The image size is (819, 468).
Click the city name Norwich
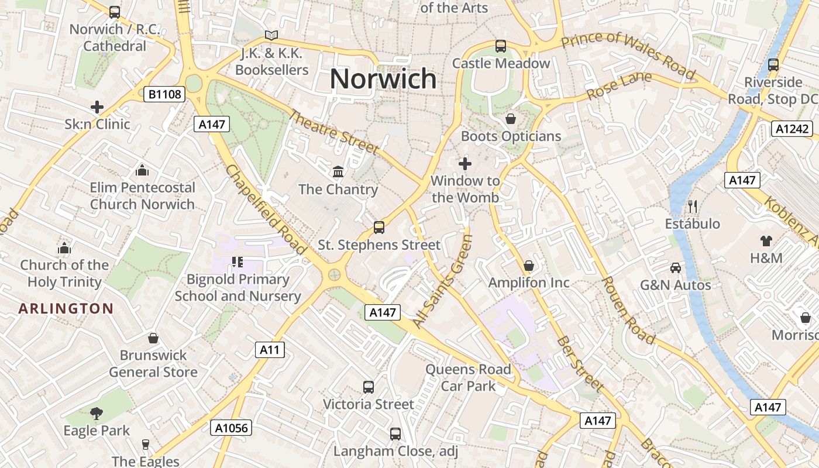383,79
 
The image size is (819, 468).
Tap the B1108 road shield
165,94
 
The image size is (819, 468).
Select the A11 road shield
270,350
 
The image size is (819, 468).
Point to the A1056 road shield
231,428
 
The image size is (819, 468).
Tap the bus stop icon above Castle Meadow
500,46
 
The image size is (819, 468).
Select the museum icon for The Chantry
338,171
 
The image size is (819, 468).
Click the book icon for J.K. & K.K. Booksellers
271,36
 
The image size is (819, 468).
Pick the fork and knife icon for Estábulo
693,206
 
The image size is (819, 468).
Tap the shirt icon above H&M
766,240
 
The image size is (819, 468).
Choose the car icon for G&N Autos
676,267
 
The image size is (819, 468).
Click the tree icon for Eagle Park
97,413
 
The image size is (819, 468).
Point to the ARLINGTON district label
66,309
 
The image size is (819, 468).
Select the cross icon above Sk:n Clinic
97,107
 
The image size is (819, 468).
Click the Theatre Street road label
334,133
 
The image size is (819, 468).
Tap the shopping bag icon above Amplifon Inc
529,266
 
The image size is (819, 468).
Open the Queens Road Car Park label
468,377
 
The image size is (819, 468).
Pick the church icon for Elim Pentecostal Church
142,170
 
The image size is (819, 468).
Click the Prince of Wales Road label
629,56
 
